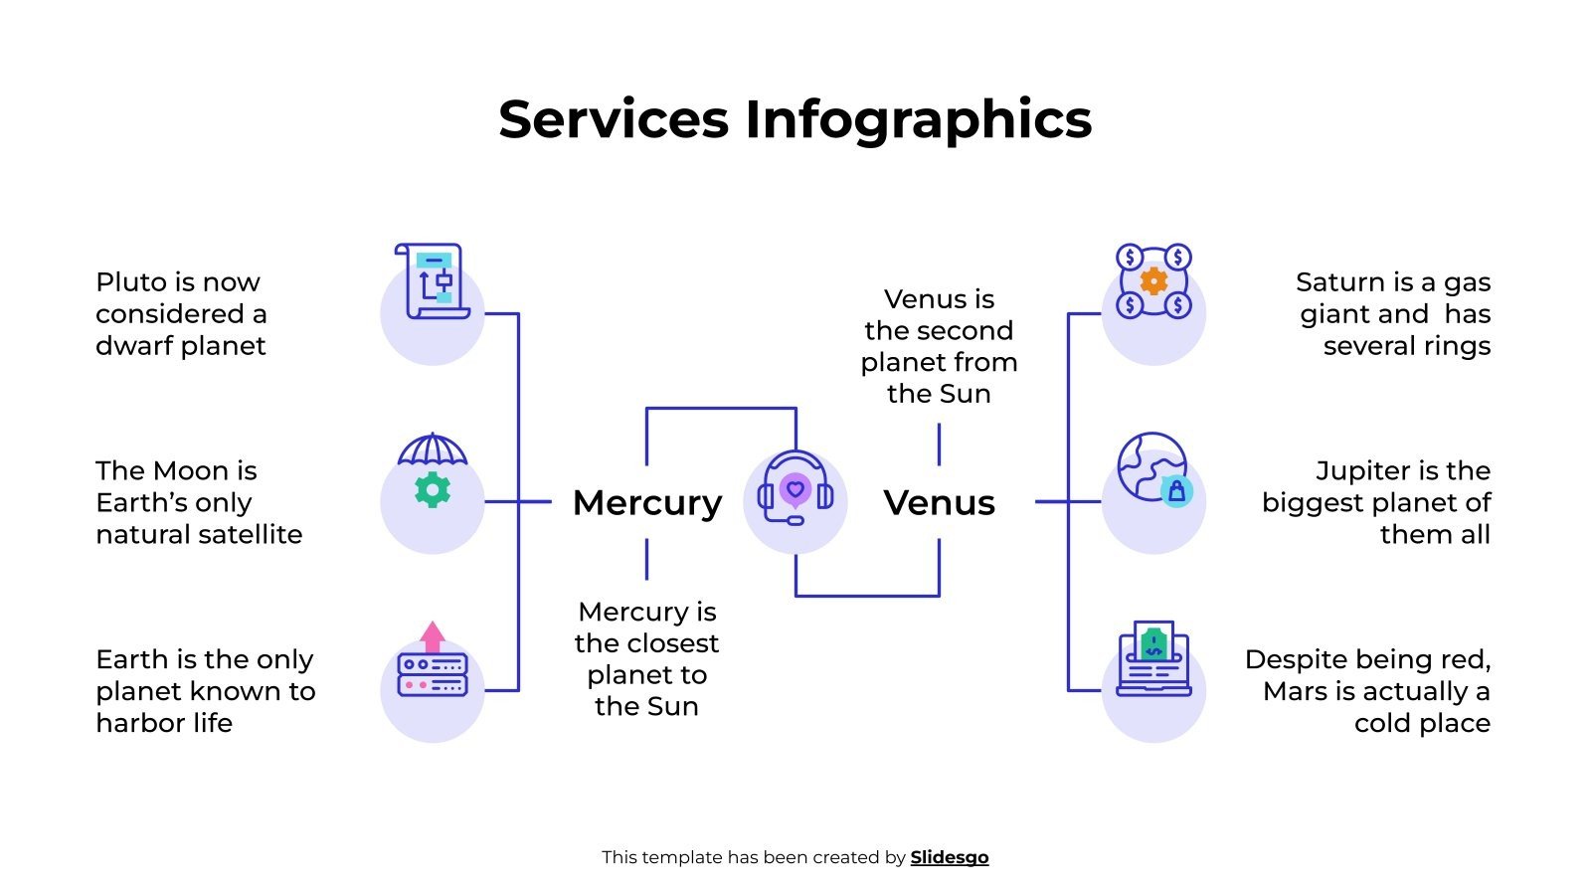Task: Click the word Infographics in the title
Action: pos(918,119)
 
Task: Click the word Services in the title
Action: pos(614,119)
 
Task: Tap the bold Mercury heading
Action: pos(647,502)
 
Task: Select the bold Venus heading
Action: pos(939,502)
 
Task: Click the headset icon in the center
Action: pos(795,490)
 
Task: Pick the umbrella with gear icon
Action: pos(433,470)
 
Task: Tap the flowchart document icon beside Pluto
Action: pos(434,281)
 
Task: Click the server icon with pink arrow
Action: pos(433,661)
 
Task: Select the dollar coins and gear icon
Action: pos(1153,281)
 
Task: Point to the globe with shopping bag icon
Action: pos(1153,468)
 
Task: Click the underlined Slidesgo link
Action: pos(950,857)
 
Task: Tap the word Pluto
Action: pos(127,282)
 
